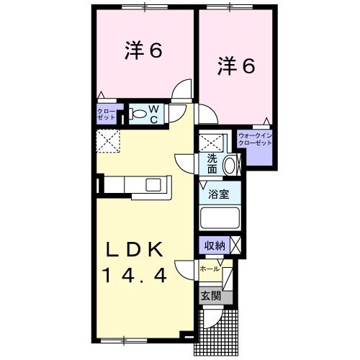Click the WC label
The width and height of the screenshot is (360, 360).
[x=154, y=114]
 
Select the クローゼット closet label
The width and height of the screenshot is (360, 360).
[x=107, y=114]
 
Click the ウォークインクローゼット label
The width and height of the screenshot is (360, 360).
[x=255, y=140]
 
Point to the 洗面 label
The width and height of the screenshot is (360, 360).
[x=212, y=164]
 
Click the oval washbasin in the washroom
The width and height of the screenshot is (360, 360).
[x=229, y=165]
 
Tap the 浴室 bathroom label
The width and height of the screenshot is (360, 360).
[x=219, y=194]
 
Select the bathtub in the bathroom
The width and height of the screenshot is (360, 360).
[x=220, y=218]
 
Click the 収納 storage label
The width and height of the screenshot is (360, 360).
[x=215, y=246]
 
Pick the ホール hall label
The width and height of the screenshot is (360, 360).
[x=210, y=269]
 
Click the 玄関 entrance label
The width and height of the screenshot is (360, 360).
[x=211, y=296]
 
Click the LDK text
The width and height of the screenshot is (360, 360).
[x=135, y=250]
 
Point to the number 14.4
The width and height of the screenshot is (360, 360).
[x=135, y=275]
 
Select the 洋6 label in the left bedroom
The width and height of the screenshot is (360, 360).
[x=143, y=50]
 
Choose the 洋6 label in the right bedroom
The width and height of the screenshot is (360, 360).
[x=236, y=66]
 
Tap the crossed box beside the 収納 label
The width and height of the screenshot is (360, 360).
[x=235, y=246]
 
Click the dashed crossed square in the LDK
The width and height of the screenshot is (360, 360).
[x=108, y=141]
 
